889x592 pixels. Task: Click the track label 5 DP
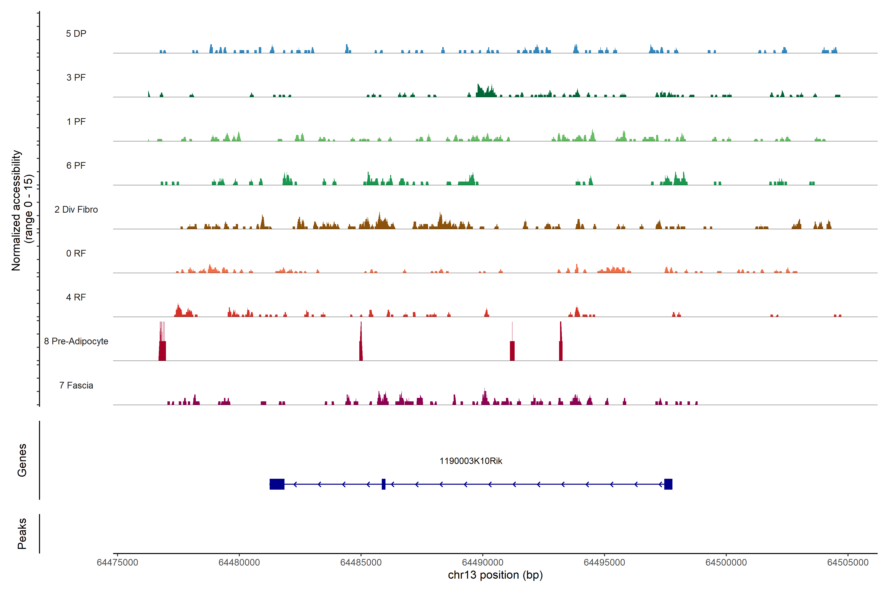(76, 34)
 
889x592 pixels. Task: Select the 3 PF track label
(76, 77)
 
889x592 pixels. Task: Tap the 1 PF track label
(76, 122)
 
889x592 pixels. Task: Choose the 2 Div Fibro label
(76, 209)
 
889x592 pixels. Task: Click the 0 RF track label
(76, 253)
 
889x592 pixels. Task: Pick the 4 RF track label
(76, 297)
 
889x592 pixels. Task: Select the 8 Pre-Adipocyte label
(76, 341)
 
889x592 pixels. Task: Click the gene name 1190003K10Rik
(471, 461)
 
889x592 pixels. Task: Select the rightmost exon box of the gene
(668, 484)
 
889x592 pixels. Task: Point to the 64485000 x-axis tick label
(361, 563)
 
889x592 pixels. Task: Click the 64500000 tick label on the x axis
(726, 563)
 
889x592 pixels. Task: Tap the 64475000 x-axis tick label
(118, 563)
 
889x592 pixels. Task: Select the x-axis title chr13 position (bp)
(495, 575)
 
